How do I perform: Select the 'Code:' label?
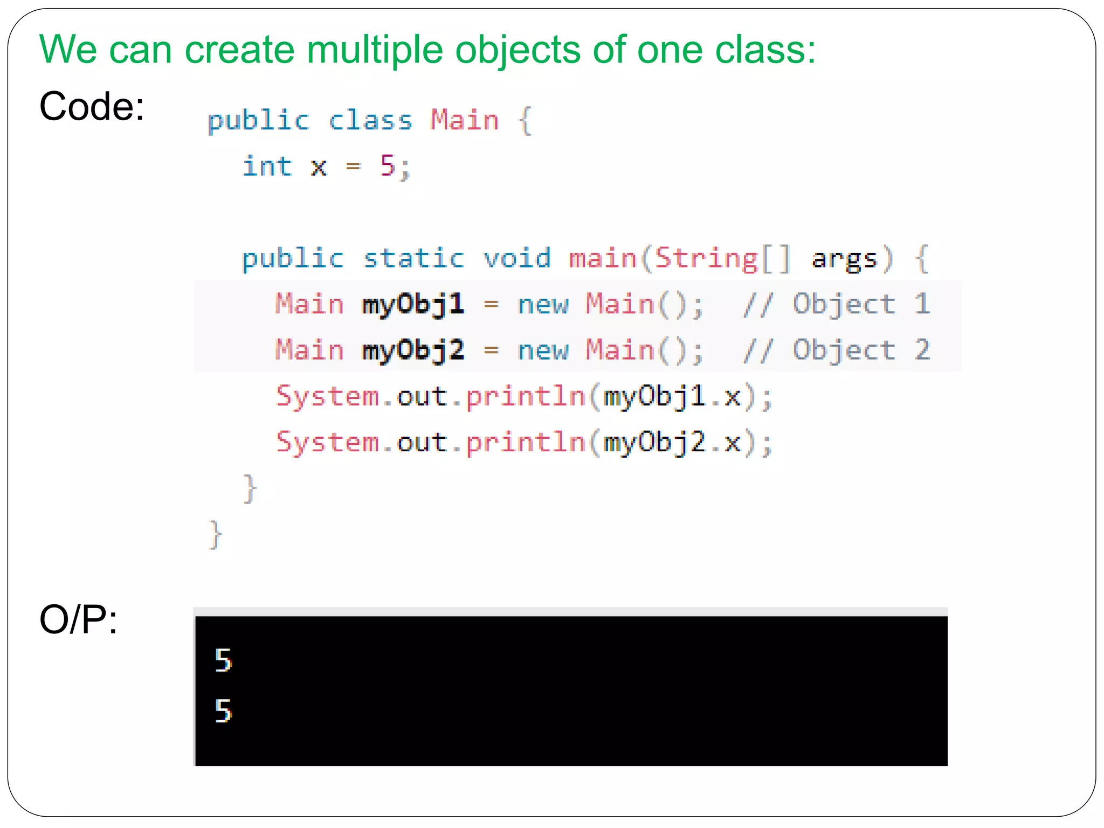pos(92,106)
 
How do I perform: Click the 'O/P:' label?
pos(79,620)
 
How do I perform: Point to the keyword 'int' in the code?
pos(267,166)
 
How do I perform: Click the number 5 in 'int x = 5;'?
pos(388,165)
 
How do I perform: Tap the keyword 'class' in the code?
pos(371,120)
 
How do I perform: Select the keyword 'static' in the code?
pos(413,258)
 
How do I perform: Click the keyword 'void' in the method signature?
pos(517,258)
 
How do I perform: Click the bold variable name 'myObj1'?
pos(413,305)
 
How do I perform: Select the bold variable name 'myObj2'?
pos(413,350)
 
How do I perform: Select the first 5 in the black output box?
pos(223,660)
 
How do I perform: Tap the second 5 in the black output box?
pos(223,710)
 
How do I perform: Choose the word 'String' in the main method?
pos(707,259)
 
